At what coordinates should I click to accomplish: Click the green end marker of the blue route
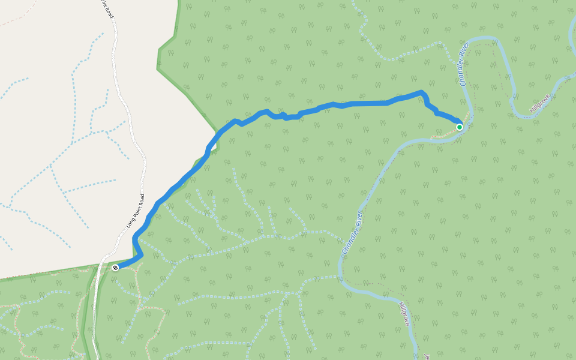click(460, 127)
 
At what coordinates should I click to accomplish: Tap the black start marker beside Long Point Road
click(115, 268)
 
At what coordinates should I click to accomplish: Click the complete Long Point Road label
click(136, 211)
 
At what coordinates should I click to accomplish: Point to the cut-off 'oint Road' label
click(107, 8)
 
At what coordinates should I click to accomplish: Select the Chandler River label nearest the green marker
click(464, 67)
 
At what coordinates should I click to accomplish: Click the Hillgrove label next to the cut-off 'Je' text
click(404, 314)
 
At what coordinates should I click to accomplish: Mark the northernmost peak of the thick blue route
click(422, 92)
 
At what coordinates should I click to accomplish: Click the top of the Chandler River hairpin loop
click(486, 38)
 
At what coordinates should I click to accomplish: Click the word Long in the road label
click(131, 221)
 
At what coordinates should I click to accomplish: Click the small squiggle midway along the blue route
click(283, 115)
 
